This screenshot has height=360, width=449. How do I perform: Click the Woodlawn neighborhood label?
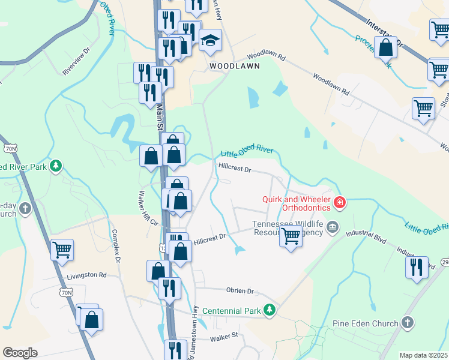click(234, 66)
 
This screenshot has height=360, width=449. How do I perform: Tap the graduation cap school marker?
click(210, 40)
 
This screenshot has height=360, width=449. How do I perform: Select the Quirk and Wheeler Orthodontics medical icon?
click(340, 203)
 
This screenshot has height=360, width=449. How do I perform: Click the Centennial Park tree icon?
click(270, 310)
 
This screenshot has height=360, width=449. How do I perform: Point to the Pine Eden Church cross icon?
click(408, 323)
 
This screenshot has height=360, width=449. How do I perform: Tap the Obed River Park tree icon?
click(56, 166)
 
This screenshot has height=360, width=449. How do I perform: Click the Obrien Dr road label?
click(240, 291)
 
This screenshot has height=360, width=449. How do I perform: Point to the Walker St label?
click(224, 339)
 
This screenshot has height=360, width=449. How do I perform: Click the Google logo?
click(20, 353)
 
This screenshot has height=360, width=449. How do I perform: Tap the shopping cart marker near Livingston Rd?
click(62, 250)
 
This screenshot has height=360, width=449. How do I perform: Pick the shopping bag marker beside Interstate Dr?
click(385, 47)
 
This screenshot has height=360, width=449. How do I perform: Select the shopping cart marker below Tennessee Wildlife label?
click(291, 238)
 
